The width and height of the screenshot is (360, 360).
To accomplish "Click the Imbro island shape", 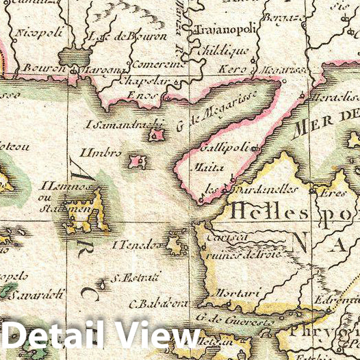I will click(137, 162).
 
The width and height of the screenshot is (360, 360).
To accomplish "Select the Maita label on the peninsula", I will click(205, 166).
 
